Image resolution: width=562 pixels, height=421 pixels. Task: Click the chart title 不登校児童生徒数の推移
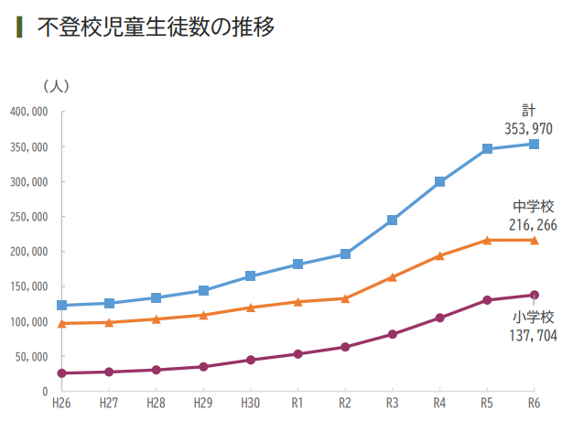156,27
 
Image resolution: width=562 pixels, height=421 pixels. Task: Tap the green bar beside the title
20,27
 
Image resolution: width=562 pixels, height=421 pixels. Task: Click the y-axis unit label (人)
57,85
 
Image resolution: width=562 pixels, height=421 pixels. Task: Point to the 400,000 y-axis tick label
28,112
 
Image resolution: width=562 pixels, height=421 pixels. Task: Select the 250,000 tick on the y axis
28,217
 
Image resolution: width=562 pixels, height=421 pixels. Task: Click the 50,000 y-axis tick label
32,357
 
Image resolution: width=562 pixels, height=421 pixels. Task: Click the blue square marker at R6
534,144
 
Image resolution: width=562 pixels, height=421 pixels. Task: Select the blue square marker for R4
439,181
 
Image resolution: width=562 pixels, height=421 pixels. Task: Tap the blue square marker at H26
61,306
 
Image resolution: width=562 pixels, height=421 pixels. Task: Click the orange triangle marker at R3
392,276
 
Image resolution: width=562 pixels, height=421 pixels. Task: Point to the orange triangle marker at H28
156,318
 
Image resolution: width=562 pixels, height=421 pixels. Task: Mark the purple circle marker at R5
487,300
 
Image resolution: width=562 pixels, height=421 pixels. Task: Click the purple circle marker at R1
297,353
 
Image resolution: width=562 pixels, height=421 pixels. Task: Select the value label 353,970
528,128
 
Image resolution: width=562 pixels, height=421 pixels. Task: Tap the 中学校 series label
533,207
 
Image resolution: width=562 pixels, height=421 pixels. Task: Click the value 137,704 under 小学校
529,336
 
